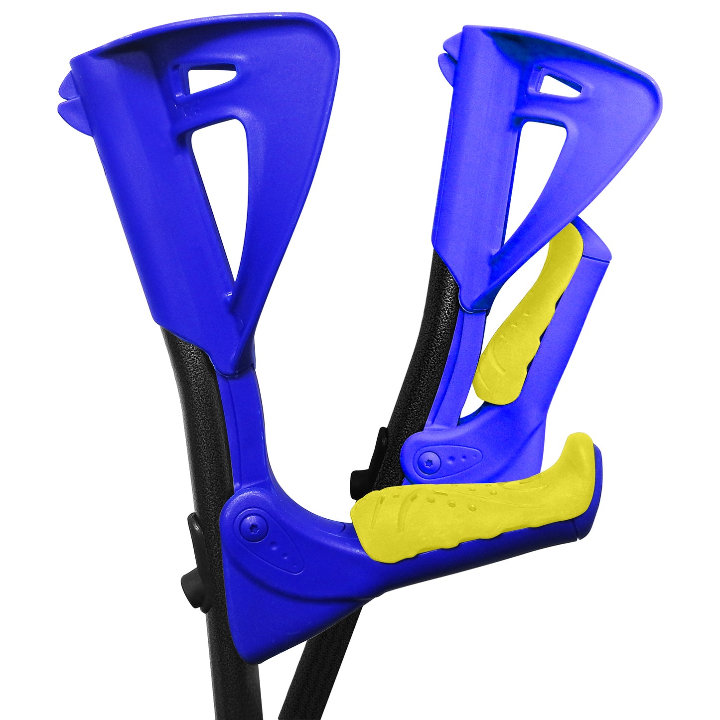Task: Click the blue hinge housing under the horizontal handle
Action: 279,588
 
